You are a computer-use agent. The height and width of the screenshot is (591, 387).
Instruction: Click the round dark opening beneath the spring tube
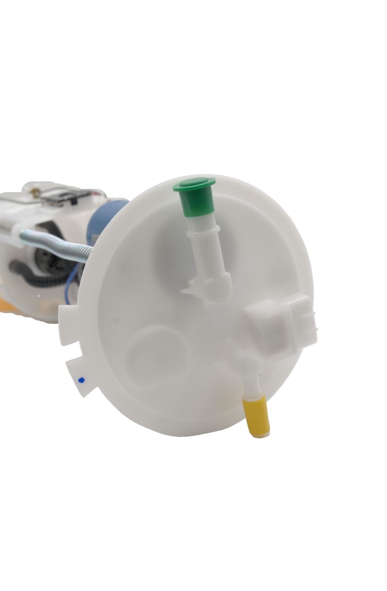point(43,255)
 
